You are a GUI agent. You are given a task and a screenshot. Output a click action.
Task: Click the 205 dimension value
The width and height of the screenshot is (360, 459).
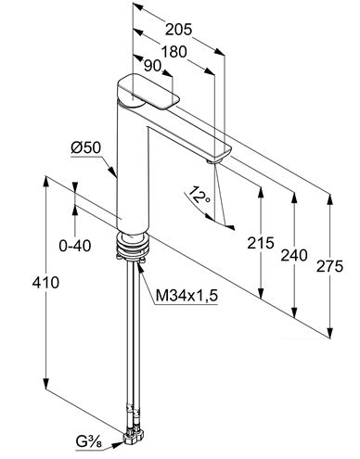pos(178,30)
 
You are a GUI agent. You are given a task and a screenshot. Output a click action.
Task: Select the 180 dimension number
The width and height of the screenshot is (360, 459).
pos(174,52)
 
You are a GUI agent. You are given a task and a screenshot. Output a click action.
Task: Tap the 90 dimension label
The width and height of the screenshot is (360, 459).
pos(153,66)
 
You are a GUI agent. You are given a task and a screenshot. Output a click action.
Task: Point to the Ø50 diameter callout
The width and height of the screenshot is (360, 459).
pos(86,147)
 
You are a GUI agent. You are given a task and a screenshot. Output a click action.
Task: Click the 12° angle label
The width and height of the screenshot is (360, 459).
pos(198,195)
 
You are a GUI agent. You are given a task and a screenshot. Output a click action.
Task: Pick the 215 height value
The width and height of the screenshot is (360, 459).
pos(261,243)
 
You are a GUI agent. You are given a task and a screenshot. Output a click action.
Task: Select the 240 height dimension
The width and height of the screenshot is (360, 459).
pos(294,255)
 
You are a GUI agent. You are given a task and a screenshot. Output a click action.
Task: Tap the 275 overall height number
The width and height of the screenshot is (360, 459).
pos(329,266)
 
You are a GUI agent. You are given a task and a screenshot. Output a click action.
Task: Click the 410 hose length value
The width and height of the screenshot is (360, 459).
pos(45,282)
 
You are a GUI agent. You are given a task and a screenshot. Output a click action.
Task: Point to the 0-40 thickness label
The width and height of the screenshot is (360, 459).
pos(75,246)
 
